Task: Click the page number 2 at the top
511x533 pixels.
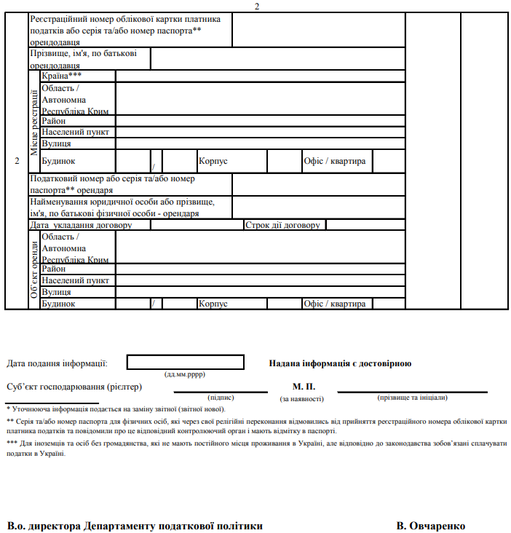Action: coord(256,6)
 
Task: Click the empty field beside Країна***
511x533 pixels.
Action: coord(260,76)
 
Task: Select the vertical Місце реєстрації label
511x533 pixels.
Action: coord(34,122)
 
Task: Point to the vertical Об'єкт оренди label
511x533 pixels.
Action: coord(34,269)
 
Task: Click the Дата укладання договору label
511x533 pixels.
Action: coord(90,225)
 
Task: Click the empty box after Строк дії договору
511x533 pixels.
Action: coord(364,225)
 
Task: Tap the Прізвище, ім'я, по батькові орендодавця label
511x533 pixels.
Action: coord(89,59)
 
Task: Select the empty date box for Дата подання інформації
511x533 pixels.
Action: coord(186,362)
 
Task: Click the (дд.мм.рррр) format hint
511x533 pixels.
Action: coord(185,374)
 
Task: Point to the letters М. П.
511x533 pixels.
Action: coord(303,387)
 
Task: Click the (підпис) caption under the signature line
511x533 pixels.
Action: coord(221,398)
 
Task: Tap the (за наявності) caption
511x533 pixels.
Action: coord(302,398)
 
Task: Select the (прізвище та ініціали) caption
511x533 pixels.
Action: coord(412,398)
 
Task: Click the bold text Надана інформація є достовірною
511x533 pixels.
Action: coord(340,363)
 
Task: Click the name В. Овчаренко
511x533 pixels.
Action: coord(430,526)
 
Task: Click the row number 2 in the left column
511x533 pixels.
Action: coord(17,161)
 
